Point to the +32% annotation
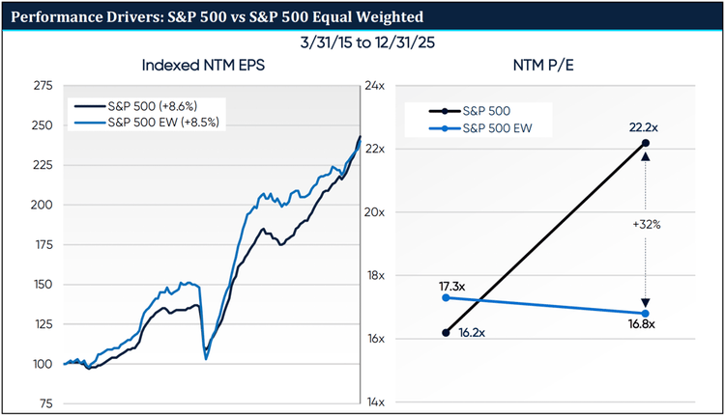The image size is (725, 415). click(x=647, y=224)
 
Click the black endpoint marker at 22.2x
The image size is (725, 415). click(x=645, y=143)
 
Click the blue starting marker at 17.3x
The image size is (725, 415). click(x=445, y=297)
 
